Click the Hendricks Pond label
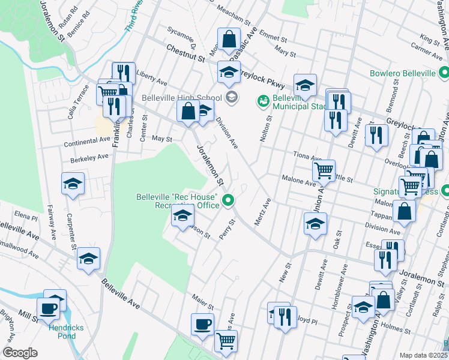click(x=62, y=332)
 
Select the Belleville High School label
click(x=182, y=98)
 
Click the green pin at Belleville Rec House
click(x=228, y=200)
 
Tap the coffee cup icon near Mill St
click(x=49, y=308)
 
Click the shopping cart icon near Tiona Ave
click(x=324, y=170)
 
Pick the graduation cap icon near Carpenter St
click(x=73, y=184)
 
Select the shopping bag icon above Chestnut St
click(x=229, y=39)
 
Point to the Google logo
click(x=20, y=353)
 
